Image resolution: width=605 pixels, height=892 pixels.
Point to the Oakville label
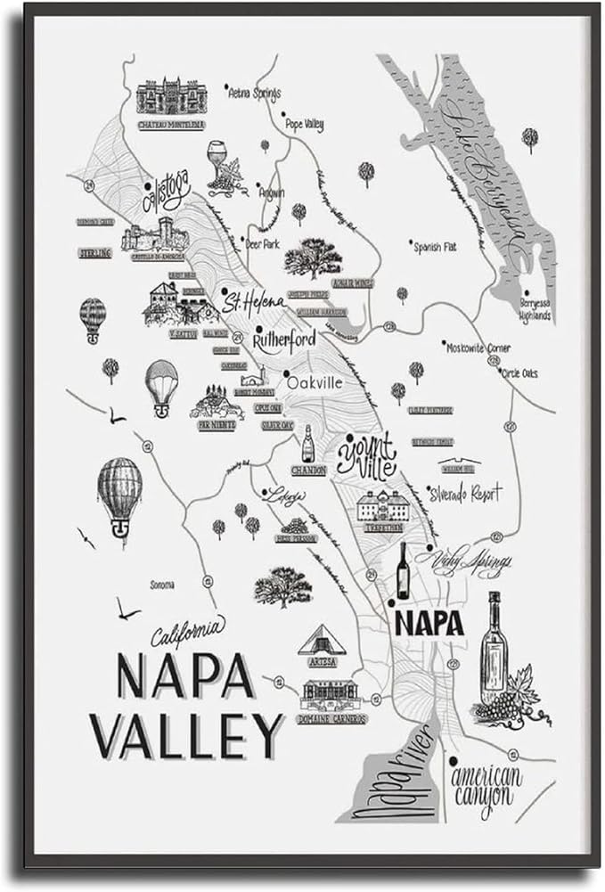pyautogui.click(x=315, y=381)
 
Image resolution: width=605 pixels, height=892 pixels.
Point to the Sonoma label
pyautogui.click(x=161, y=585)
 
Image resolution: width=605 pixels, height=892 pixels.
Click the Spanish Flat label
pyautogui.click(x=434, y=247)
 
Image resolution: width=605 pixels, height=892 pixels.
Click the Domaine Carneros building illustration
pyautogui.click(x=330, y=694)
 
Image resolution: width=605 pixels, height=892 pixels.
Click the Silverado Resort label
pyautogui.click(x=464, y=492)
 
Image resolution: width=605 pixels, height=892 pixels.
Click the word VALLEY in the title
pyautogui.click(x=188, y=736)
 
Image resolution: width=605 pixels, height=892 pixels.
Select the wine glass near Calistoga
pyautogui.click(x=217, y=160)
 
